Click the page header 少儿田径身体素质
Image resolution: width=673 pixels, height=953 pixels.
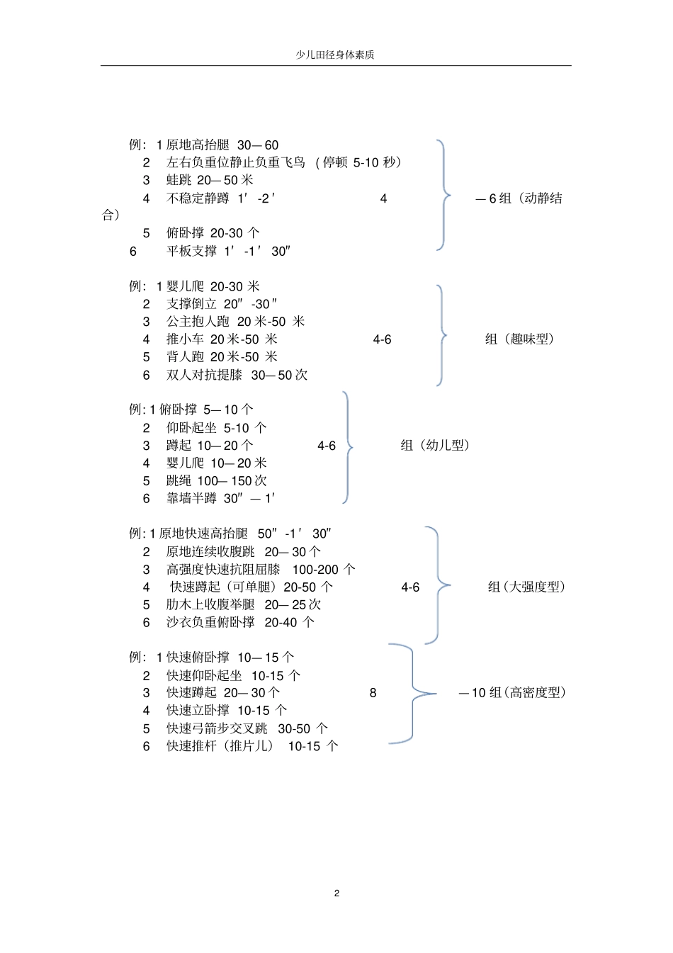point(335,55)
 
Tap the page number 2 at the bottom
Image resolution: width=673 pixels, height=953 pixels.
point(336,893)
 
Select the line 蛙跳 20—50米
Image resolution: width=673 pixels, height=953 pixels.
point(210,180)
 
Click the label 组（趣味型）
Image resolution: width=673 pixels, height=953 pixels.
point(520,339)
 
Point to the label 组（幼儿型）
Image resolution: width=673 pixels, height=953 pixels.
point(435,445)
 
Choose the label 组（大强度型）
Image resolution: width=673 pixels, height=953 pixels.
point(526,587)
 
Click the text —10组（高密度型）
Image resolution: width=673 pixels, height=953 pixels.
point(512,692)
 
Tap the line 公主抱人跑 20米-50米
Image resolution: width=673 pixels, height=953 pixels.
point(235,322)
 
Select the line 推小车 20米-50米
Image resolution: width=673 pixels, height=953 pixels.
point(222,339)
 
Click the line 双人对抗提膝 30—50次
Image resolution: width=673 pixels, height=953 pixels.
point(237,375)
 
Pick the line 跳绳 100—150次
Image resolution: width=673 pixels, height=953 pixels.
point(216,480)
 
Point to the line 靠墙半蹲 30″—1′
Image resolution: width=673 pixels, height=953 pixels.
point(220,498)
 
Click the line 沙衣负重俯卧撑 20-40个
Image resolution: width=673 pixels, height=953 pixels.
point(240,622)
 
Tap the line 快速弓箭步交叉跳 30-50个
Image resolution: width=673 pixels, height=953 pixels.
point(247,728)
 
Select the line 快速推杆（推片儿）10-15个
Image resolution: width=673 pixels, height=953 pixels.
point(252,746)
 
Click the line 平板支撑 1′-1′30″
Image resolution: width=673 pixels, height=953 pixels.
point(228,251)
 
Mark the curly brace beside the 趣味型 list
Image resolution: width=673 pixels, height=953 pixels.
point(441,335)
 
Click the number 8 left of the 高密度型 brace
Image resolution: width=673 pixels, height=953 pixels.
point(373,693)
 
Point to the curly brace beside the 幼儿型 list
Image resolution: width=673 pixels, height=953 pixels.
point(347,446)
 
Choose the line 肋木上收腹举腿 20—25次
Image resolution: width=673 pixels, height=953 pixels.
point(243,604)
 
